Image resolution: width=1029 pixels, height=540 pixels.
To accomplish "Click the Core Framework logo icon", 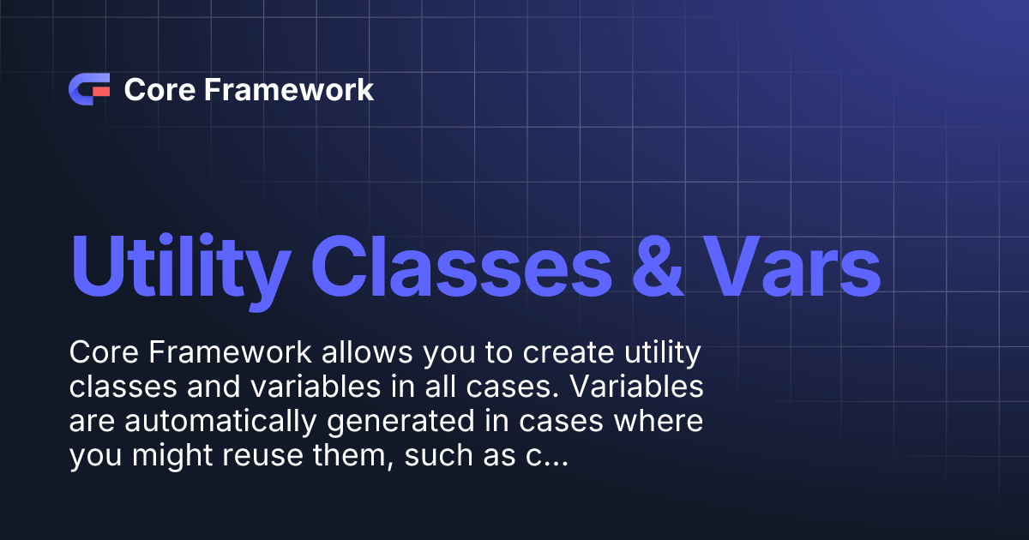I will pyautogui.click(x=88, y=89).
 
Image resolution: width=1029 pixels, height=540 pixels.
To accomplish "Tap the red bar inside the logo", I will pyautogui.click(x=101, y=89).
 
